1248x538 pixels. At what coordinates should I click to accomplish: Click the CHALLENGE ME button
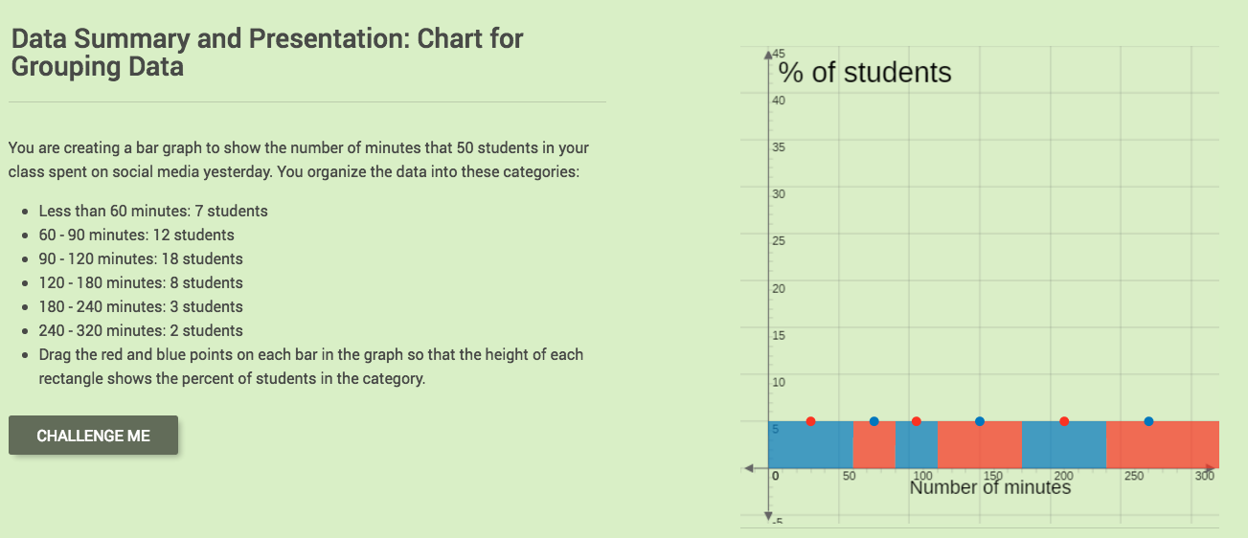(x=93, y=436)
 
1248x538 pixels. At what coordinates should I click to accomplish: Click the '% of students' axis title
(x=864, y=73)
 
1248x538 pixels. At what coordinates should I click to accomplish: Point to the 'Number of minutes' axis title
(x=989, y=487)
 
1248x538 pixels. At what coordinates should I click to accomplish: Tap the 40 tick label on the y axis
(x=777, y=101)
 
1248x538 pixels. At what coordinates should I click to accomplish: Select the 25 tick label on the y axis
(x=777, y=241)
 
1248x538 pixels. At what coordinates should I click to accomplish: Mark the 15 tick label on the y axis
(x=777, y=335)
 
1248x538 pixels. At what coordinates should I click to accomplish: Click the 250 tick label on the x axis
(x=1133, y=476)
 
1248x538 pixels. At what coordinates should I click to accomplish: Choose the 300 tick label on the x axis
(x=1205, y=476)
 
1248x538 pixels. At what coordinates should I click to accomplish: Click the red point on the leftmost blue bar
(x=811, y=421)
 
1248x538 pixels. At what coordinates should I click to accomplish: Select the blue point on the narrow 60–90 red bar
(x=874, y=421)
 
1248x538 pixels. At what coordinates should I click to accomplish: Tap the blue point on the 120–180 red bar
(x=979, y=421)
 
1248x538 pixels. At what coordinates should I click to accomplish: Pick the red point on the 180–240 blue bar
(x=1064, y=421)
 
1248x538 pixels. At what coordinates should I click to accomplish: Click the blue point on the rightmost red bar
(x=1148, y=421)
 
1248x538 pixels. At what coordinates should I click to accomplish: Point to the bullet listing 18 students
(x=141, y=258)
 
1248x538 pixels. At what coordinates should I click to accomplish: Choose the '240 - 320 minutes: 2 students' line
(x=141, y=330)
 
